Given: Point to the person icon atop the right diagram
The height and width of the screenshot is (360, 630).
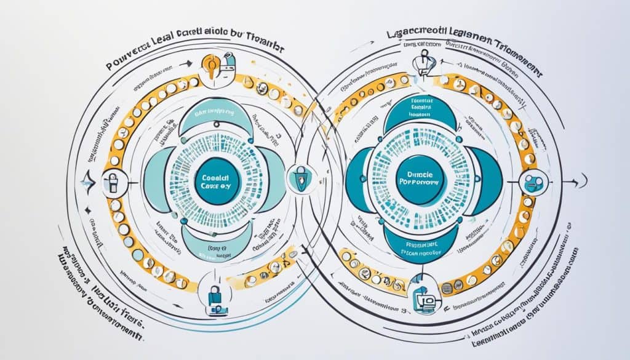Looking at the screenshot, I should (x=423, y=62).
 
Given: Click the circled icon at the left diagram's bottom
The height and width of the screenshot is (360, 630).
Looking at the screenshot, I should (x=215, y=297).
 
